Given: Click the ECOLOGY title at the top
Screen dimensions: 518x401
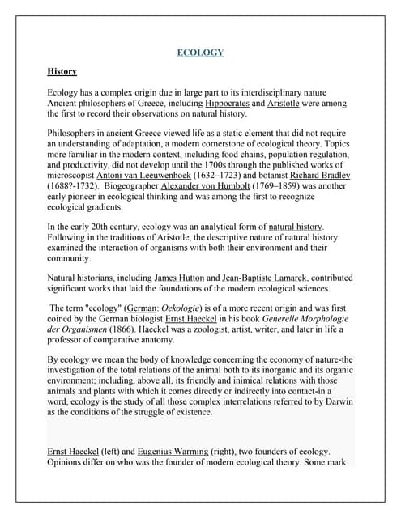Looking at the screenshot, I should (200, 53).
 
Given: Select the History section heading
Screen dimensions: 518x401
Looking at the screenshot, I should (62, 72).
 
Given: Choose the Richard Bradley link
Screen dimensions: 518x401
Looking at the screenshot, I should (320, 176).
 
